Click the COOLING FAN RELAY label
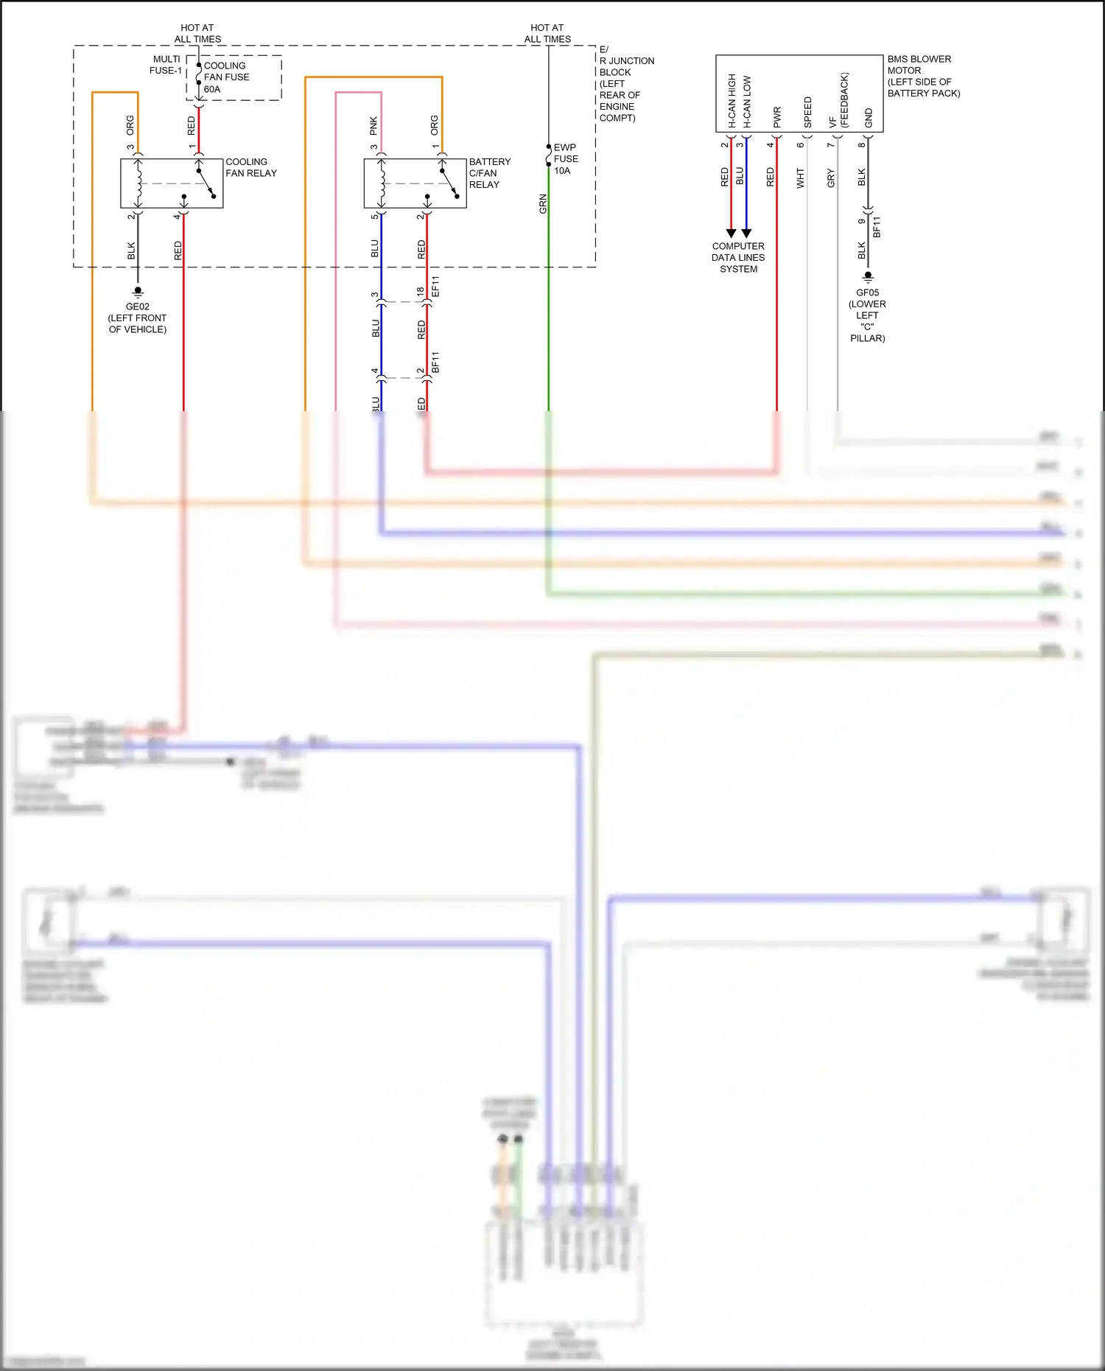[250, 167]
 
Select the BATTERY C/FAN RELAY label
[489, 173]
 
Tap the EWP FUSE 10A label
[566, 158]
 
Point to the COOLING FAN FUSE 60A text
[226, 77]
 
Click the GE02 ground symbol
[138, 292]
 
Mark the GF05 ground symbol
[868, 277]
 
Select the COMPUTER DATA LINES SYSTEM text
[738, 258]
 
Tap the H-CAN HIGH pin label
[732, 101]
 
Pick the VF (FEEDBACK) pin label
[838, 101]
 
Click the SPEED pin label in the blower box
[807, 112]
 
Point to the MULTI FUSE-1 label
[166, 65]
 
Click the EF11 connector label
[435, 287]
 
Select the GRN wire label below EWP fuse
[543, 204]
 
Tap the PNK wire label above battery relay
[373, 126]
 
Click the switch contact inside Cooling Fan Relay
[206, 183]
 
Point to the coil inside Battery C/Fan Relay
[382, 183]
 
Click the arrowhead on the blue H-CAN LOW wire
[746, 234]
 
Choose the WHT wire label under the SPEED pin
[801, 178]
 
